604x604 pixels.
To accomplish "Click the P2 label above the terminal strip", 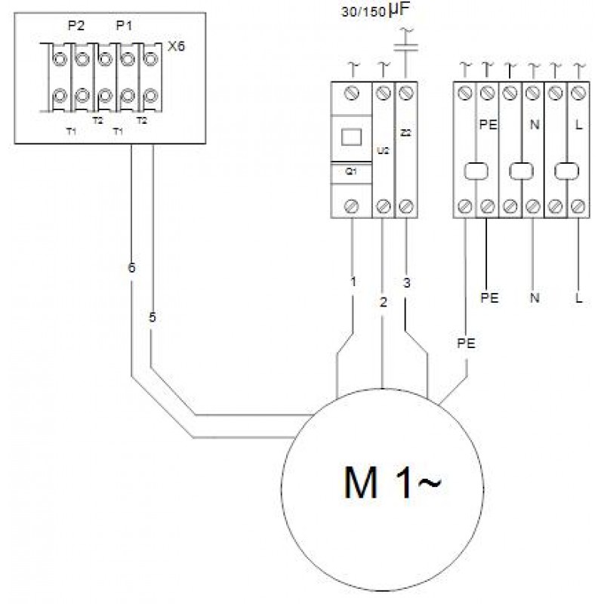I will click(75, 26).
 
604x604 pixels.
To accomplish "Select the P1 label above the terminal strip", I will click(124, 26).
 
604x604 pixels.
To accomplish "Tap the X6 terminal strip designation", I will click(175, 47).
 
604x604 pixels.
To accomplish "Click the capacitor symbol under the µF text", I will click(408, 49).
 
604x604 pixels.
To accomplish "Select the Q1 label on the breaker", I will click(351, 171).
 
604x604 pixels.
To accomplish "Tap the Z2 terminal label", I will click(406, 134).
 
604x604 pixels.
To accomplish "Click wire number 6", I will click(131, 267).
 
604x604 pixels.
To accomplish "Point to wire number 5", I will click(153, 318).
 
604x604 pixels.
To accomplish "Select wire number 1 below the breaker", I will click(353, 282).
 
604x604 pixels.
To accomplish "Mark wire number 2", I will click(384, 302).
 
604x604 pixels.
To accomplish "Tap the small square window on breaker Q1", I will click(351, 137).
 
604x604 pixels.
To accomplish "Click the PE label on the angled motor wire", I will click(466, 343).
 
